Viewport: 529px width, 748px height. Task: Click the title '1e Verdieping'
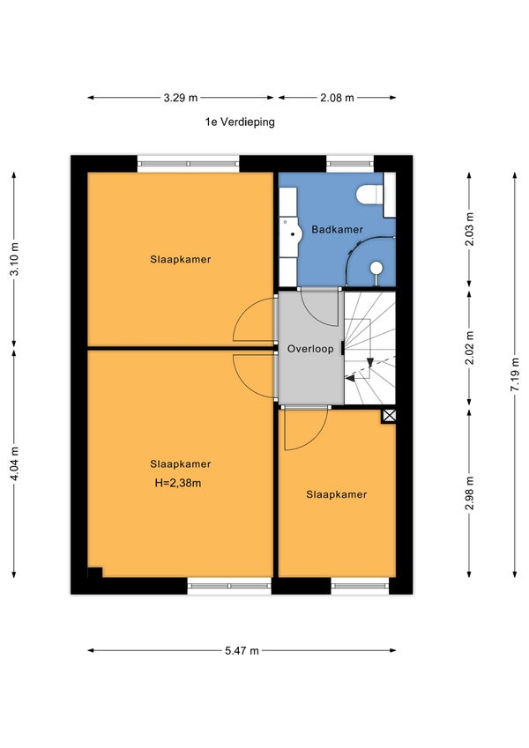tap(240, 122)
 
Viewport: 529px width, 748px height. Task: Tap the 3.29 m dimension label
tap(181, 98)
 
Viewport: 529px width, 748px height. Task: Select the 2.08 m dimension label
tap(337, 98)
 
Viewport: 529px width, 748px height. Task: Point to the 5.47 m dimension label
tap(242, 651)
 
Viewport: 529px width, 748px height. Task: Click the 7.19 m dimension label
tap(515, 374)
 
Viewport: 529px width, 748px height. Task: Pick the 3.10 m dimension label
tap(14, 258)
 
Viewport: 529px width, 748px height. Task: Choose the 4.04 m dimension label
tap(14, 463)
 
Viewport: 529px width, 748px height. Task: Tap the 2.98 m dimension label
tap(469, 493)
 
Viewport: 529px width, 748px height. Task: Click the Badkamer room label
tap(337, 229)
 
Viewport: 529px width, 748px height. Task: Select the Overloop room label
tap(310, 349)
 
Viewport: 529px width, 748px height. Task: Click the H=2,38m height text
tap(178, 483)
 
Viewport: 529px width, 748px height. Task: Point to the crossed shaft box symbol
tap(389, 416)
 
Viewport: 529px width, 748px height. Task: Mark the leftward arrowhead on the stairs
tap(350, 378)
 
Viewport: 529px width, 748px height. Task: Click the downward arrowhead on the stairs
tap(370, 363)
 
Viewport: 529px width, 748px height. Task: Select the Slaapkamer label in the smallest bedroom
tap(337, 494)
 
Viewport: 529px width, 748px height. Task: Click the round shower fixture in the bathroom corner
tap(376, 268)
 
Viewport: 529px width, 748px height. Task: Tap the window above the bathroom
tap(350, 164)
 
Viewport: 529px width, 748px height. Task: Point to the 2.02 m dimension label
tap(469, 348)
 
